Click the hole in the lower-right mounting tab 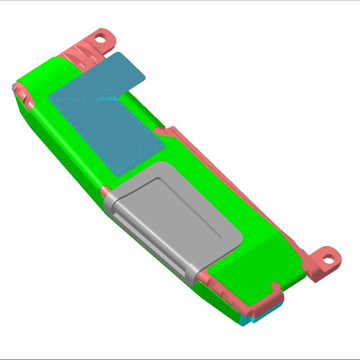330,259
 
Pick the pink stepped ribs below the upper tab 81,56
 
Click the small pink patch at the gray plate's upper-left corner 104,190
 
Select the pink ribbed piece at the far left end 25,94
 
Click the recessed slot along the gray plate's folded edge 148,238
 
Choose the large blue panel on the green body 108,126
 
